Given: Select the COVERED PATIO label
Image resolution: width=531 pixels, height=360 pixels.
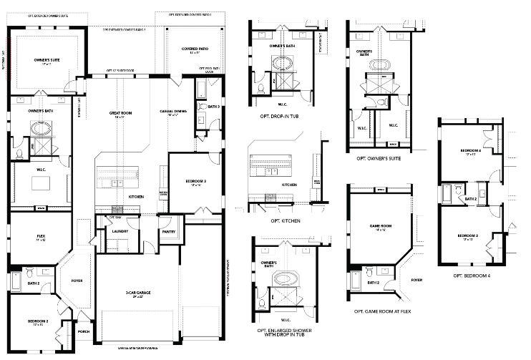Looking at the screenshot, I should point(193,49).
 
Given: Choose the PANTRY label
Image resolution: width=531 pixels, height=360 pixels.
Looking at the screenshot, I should point(169,231).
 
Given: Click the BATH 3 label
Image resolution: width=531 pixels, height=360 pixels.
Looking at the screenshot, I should point(213,107).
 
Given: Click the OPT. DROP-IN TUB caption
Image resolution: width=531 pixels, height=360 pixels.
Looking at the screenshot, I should point(284,115).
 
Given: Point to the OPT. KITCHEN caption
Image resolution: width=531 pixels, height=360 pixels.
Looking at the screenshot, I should point(286,221).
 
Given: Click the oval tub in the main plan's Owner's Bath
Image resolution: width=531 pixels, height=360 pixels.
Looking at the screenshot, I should point(37,130).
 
